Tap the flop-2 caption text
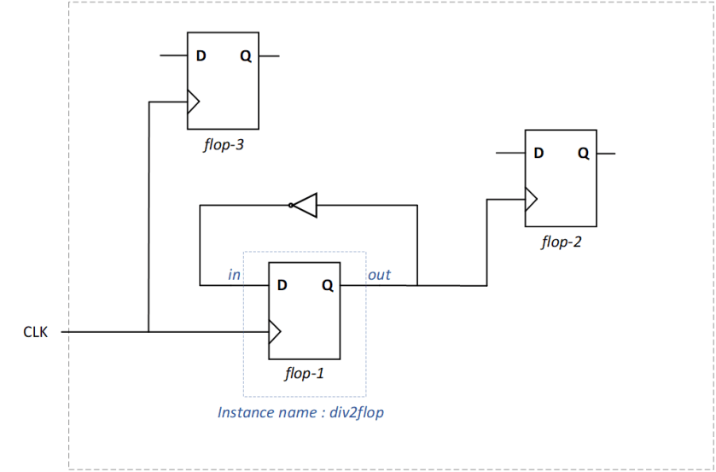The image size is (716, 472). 561,242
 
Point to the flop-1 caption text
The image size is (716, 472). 304,373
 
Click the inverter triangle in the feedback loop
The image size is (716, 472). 306,205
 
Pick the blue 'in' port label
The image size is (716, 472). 235,275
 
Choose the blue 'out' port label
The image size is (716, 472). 379,275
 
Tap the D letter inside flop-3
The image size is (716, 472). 201,56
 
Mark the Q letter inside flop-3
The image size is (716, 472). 245,56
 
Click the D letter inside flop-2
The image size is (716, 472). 538,154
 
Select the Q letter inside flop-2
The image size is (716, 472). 582,154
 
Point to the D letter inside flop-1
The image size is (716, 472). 282,285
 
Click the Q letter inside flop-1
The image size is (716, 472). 327,285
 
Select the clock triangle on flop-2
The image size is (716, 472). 531,200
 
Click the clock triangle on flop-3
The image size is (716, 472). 193,102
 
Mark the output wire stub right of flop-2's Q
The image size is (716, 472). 605,154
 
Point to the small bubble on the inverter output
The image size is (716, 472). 291,205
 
